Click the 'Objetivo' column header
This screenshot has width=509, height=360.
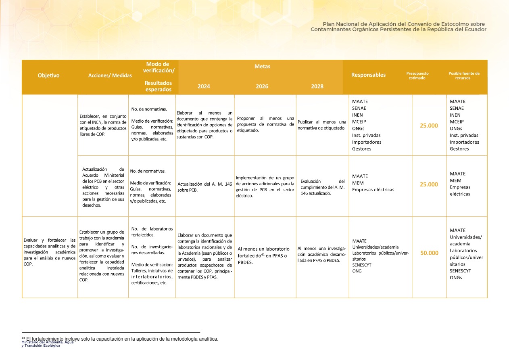point(48,75)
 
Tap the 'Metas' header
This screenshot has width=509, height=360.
point(262,66)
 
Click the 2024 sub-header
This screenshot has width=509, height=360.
point(203,86)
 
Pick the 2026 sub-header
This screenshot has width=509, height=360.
point(262,86)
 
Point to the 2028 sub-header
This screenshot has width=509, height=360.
point(317,86)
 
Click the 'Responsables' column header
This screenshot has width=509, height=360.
point(368,75)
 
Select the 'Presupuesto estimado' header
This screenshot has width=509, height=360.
point(417,75)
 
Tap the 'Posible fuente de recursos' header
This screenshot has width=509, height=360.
point(464,75)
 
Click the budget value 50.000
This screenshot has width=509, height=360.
point(429,253)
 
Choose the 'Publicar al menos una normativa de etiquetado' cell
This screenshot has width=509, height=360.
point(322,125)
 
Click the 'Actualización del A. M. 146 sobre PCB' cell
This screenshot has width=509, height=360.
point(204,187)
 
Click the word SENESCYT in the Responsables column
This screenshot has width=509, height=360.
point(362,265)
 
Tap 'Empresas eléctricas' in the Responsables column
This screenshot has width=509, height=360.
point(373,190)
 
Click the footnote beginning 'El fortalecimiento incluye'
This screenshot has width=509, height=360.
point(120,339)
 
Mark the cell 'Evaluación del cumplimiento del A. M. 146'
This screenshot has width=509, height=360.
point(322,187)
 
